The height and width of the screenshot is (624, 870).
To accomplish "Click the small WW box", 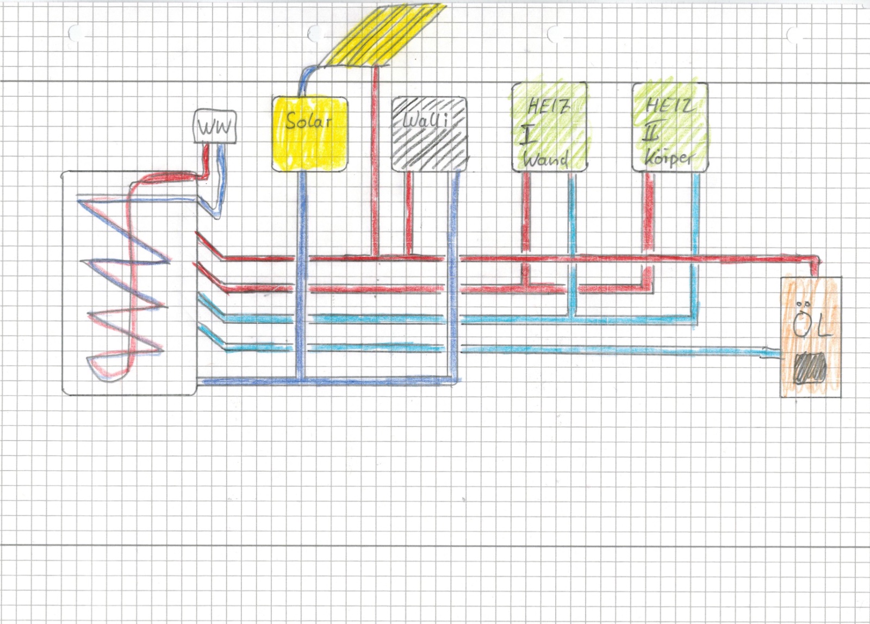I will tap(215, 127).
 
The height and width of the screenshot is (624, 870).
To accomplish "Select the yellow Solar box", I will tap(309, 134).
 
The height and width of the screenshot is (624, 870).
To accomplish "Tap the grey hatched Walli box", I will tap(430, 134).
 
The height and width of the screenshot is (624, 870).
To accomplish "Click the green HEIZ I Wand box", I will tap(549, 127).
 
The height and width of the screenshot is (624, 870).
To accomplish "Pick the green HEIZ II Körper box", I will tap(670, 127).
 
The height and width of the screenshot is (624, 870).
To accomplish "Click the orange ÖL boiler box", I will tap(811, 337).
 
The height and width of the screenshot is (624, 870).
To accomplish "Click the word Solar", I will tap(308, 120).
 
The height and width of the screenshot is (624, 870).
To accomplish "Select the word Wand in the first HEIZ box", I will tap(545, 159).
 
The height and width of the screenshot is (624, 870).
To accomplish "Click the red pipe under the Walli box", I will tap(409, 212).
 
